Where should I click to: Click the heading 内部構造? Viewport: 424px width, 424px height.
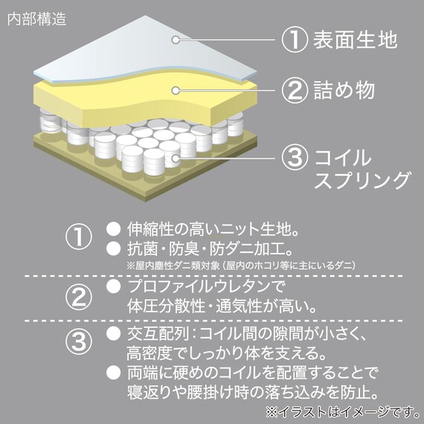(36, 19)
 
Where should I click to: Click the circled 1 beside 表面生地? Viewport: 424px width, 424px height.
(295, 39)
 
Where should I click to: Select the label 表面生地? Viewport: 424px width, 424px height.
(356, 39)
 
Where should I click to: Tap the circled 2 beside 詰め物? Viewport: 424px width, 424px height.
(295, 90)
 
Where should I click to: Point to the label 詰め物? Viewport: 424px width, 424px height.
(344, 90)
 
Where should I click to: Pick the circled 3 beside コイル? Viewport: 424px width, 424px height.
(295, 158)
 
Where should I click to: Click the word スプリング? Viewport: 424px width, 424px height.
(362, 180)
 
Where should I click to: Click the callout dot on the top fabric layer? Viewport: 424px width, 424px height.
(176, 40)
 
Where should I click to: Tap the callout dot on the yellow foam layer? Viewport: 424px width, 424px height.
(176, 90)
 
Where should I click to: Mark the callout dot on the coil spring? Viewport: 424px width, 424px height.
(176, 158)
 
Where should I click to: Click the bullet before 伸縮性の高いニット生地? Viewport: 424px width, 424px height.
(113, 229)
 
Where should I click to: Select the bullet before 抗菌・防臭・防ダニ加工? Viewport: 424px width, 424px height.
(113, 248)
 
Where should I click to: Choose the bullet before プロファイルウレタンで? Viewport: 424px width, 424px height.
(113, 286)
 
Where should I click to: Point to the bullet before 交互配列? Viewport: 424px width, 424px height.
(113, 333)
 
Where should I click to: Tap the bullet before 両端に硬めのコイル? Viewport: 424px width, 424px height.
(113, 373)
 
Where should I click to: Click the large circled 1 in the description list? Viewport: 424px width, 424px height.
(79, 237)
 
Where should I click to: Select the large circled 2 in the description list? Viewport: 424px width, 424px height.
(79, 297)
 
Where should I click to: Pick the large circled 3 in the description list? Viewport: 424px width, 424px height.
(79, 341)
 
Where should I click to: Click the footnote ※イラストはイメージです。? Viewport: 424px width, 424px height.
(343, 412)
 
